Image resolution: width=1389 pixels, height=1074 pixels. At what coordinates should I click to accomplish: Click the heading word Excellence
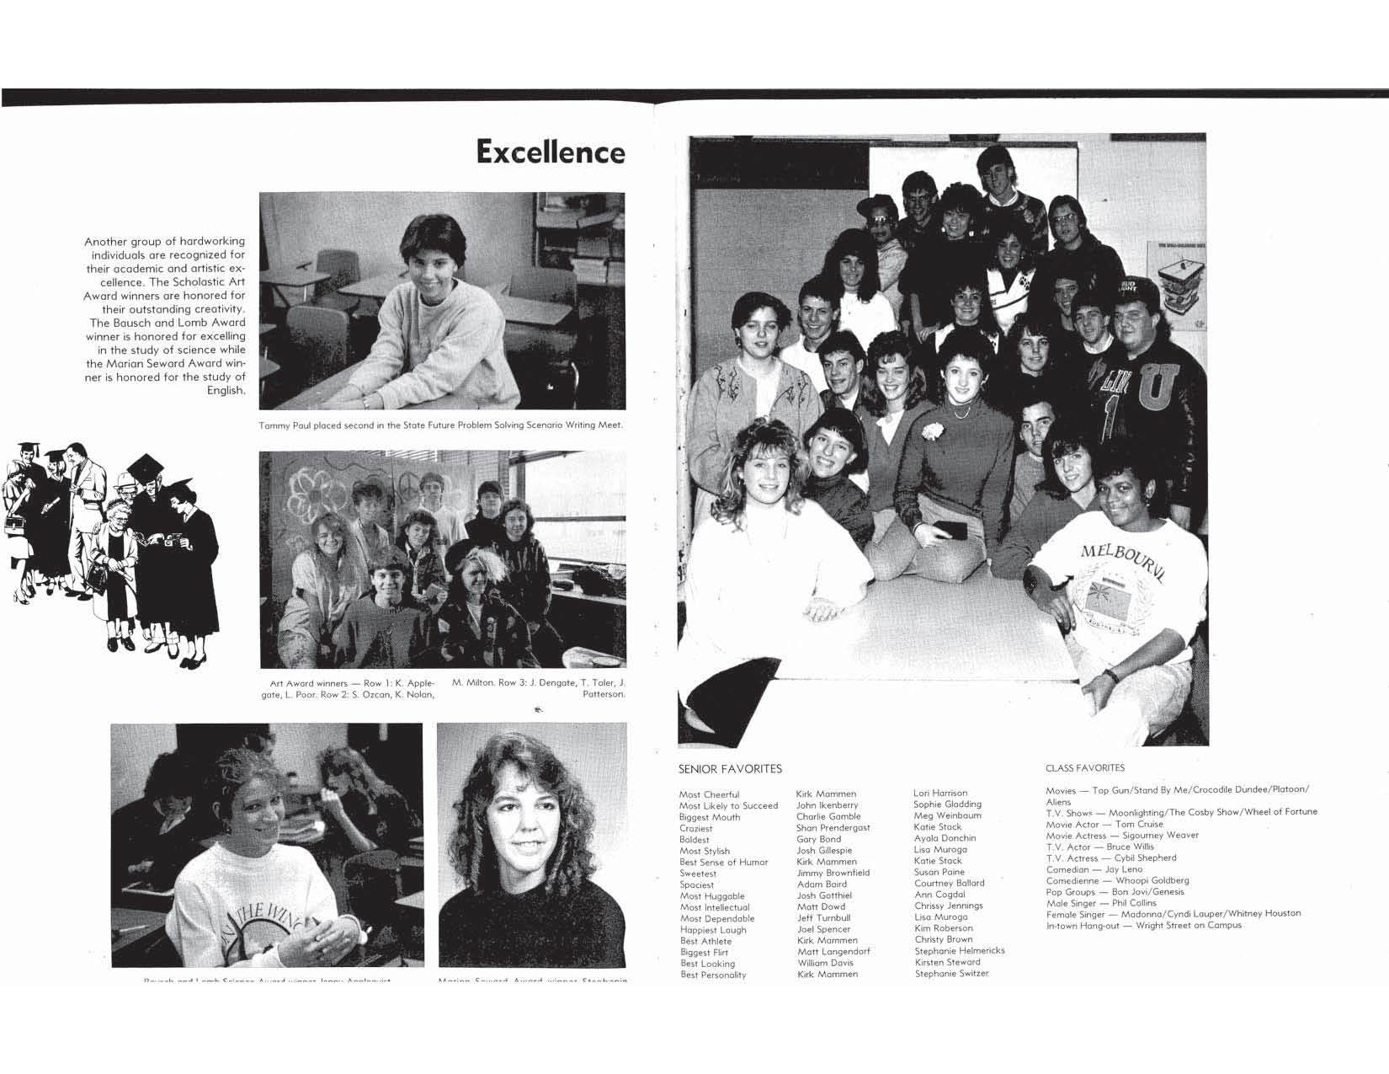pos(551,152)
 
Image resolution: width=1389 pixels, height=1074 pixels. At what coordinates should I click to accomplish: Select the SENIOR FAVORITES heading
pos(730,769)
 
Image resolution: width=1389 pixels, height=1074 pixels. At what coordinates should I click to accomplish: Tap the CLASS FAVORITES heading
pos(1084,768)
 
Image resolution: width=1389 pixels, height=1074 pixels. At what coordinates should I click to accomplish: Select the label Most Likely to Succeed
pos(728,806)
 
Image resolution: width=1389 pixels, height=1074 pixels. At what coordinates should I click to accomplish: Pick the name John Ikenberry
pos(827,805)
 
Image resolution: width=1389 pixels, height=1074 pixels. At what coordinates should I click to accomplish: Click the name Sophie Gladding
pos(947,804)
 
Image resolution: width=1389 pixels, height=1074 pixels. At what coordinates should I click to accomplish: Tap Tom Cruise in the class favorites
pos(1139,825)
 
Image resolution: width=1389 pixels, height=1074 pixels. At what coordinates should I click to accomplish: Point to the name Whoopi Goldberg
pos(1152,880)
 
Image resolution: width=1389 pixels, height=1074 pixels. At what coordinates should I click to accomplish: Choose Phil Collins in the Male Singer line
pos(1134,903)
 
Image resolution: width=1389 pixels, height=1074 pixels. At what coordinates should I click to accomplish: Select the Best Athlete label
pos(705,942)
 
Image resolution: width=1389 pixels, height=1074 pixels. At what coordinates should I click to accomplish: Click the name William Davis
pos(825,963)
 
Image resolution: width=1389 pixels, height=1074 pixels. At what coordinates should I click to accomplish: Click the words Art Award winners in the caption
pos(303,683)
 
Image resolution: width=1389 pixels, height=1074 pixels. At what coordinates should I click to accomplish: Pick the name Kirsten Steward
pos(947,962)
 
